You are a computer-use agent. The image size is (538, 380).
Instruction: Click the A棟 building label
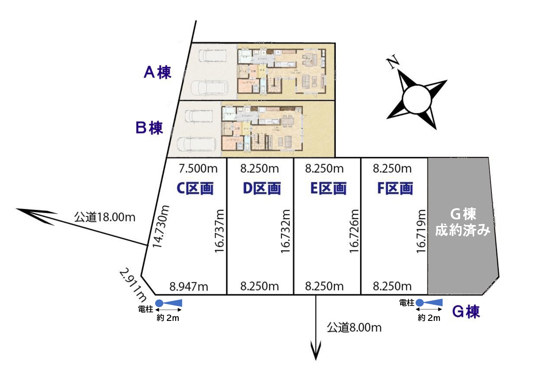[x=157, y=73]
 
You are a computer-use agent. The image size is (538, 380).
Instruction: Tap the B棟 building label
[x=149, y=128]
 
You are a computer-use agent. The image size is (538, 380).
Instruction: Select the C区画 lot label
[x=195, y=188]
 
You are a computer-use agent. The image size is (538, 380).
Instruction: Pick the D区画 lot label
[x=262, y=188]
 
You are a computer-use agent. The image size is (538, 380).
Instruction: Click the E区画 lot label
[x=328, y=188]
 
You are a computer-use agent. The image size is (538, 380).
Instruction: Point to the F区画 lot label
[x=395, y=188]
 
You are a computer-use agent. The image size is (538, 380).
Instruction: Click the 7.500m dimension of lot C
[x=198, y=168]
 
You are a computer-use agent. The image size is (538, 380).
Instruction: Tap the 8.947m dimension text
[x=189, y=287]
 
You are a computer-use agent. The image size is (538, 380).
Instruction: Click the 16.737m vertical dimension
[x=219, y=231]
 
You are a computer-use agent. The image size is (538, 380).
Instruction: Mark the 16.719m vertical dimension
[x=421, y=231]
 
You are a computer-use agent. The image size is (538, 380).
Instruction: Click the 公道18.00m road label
[x=105, y=217]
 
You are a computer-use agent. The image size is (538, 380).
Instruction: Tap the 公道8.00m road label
[x=354, y=328]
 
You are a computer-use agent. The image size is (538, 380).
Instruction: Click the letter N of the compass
[x=393, y=62]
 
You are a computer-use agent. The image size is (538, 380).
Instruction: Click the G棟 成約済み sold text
[x=463, y=222]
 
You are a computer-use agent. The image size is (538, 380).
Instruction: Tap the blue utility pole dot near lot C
[x=159, y=303]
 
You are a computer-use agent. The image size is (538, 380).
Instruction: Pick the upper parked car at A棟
[x=212, y=55]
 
